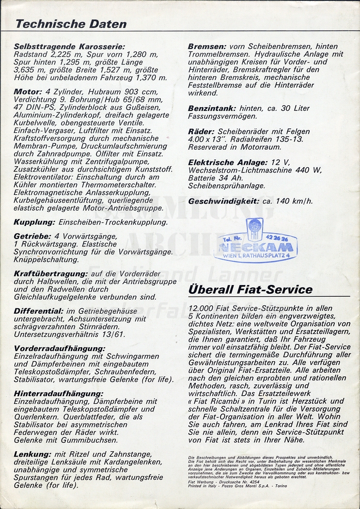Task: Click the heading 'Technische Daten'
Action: tap(71, 24)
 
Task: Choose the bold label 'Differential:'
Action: tap(39, 311)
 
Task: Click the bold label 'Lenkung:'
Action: tap(32, 454)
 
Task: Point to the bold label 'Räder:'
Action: tap(201, 131)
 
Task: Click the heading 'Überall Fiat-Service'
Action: tap(250, 290)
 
